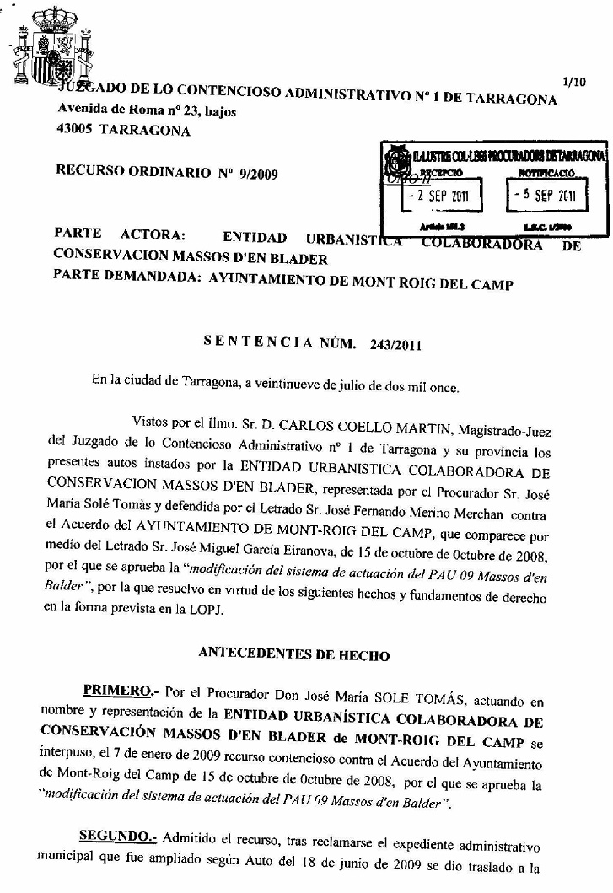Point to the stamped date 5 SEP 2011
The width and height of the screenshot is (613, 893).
pyautogui.click(x=547, y=196)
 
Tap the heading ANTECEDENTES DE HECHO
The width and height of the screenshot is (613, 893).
pyautogui.click(x=294, y=652)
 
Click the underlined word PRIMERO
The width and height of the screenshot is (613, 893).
pyautogui.click(x=116, y=691)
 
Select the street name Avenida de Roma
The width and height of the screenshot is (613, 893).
pyautogui.click(x=106, y=110)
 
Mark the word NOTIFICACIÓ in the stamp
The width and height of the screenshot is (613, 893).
pyautogui.click(x=546, y=172)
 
